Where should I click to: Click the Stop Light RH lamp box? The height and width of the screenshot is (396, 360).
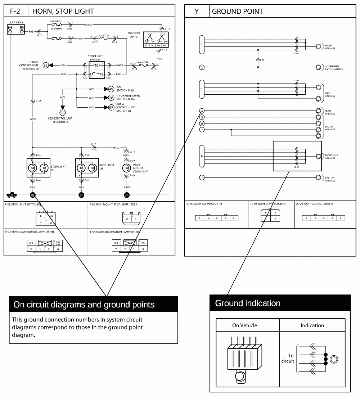[38, 168]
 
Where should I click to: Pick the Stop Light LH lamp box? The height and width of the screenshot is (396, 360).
[87, 168]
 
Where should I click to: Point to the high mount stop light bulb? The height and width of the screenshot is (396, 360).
[127, 168]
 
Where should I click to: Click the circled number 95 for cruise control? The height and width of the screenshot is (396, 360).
[46, 65]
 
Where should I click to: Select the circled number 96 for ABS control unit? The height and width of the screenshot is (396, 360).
[62, 112]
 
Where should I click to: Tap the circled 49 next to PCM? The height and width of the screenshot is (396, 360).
[111, 89]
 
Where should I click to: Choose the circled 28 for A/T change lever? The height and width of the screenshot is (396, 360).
[111, 98]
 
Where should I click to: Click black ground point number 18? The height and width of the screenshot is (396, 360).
[33, 195]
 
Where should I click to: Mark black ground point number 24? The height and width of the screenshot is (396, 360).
[127, 195]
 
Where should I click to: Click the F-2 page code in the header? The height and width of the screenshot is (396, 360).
[15, 11]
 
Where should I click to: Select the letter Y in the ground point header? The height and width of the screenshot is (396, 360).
[197, 11]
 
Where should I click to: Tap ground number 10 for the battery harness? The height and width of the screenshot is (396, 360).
[202, 178]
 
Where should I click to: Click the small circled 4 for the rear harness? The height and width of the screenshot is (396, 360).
[202, 111]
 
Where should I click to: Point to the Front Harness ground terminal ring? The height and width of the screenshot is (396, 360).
[319, 46]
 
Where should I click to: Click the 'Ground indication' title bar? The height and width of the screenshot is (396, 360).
[280, 303]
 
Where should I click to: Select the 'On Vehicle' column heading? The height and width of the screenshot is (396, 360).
[244, 325]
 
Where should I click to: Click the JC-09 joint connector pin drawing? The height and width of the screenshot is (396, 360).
[323, 218]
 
